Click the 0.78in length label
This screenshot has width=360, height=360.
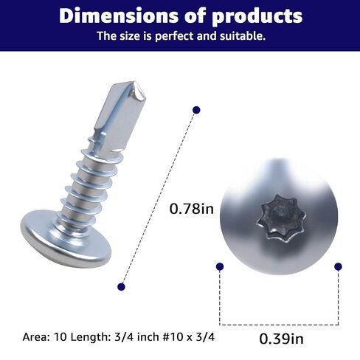click(x=191, y=209)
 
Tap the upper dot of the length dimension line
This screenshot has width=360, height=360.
click(x=196, y=110)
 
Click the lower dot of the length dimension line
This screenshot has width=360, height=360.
click(x=122, y=286)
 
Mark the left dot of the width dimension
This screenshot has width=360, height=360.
click(x=219, y=266)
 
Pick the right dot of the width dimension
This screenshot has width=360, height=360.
click(x=338, y=266)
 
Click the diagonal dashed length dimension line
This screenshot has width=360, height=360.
click(x=159, y=198)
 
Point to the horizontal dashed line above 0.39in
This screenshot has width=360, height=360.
click(x=279, y=322)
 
